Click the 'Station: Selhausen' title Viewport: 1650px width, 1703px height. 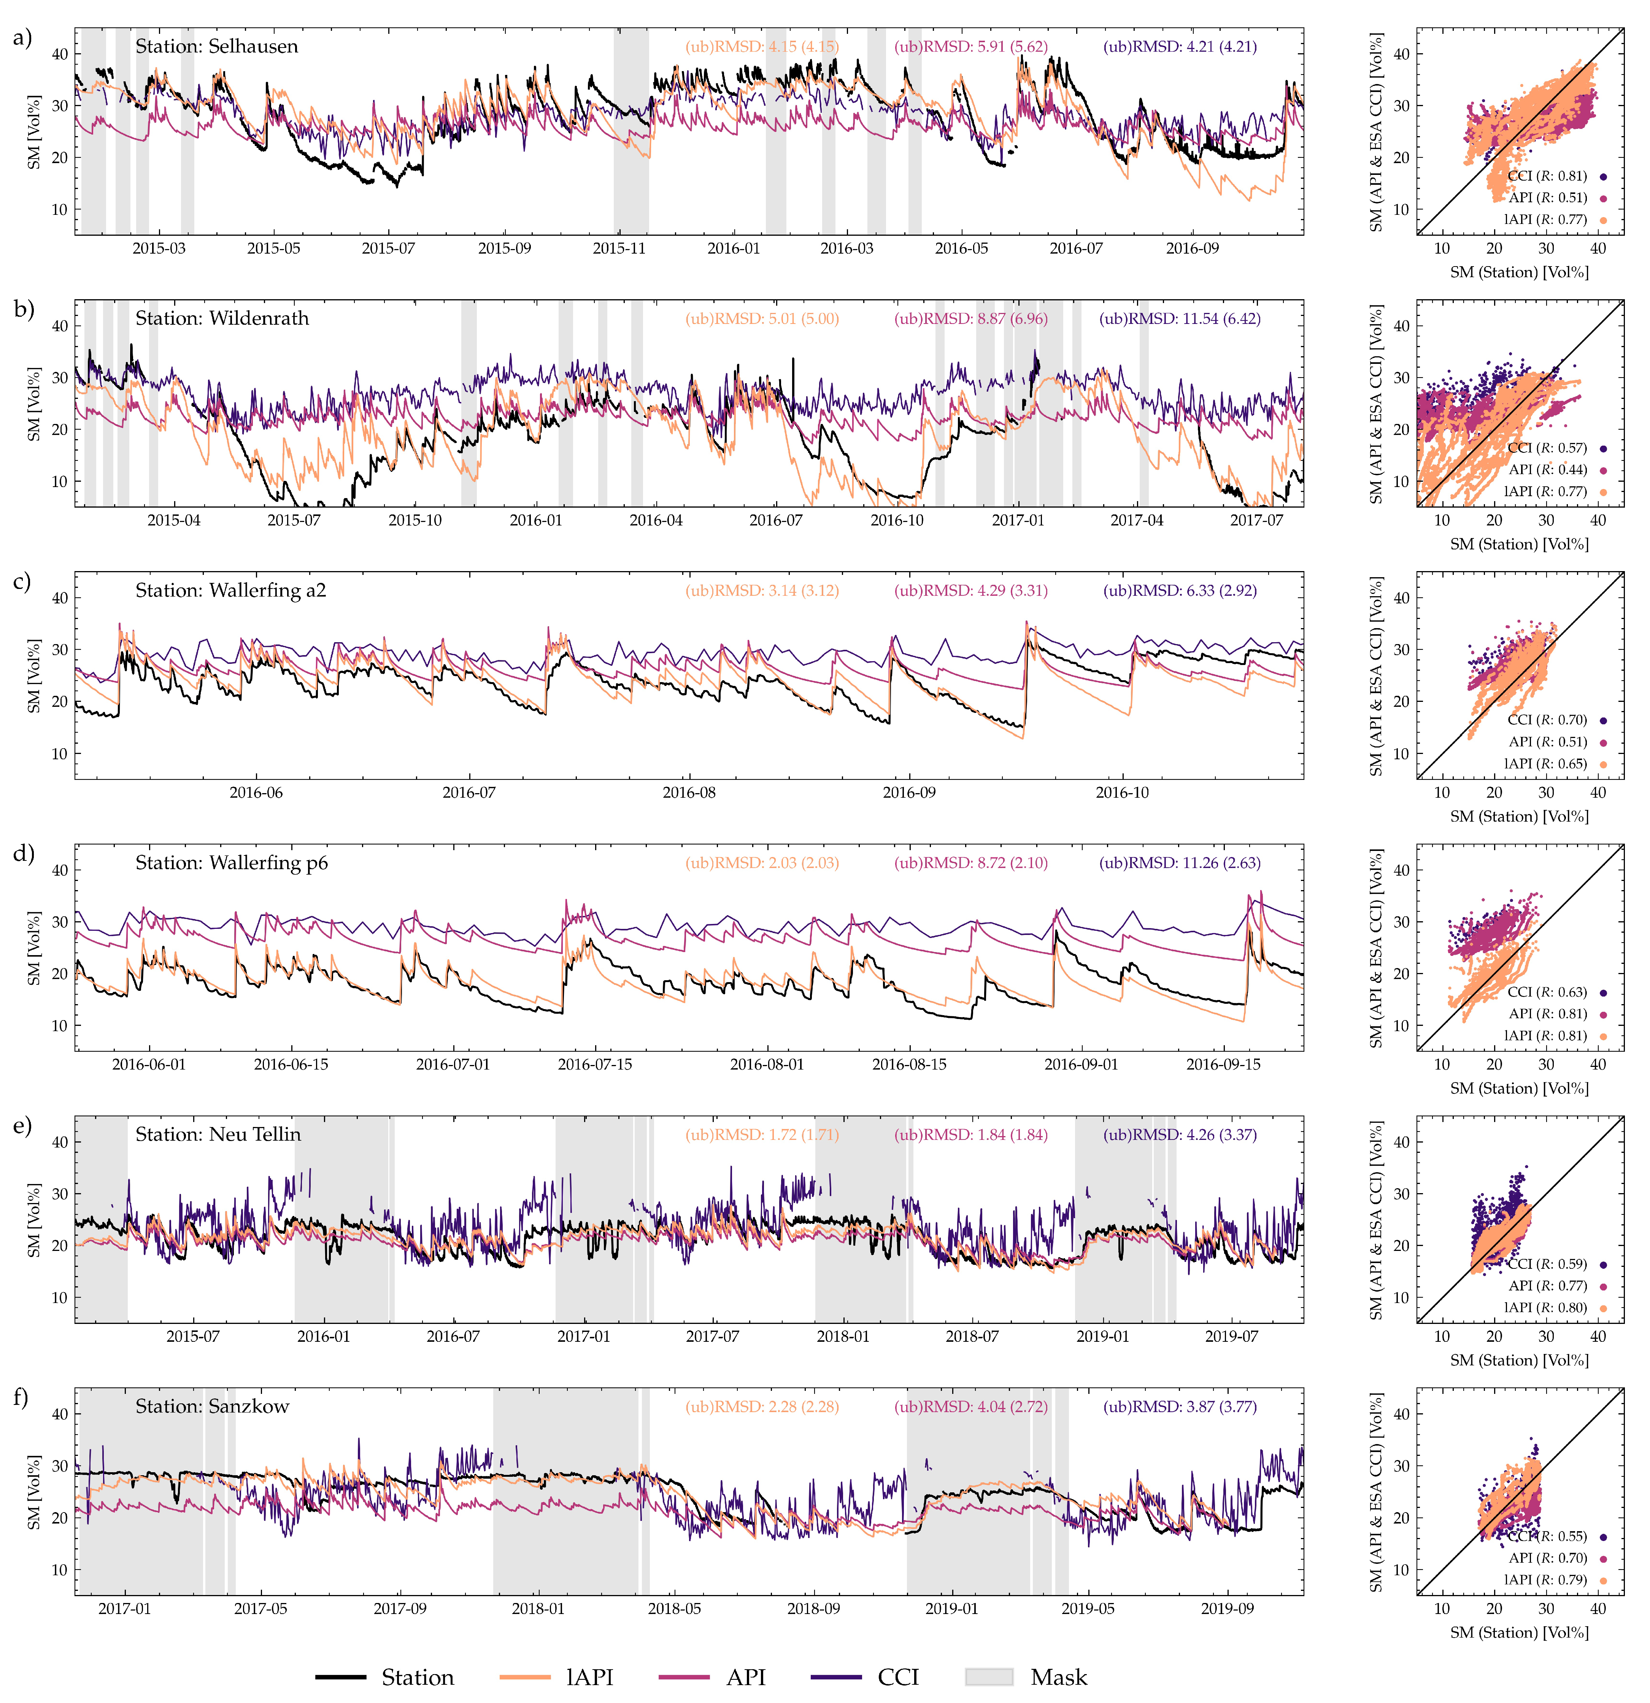pos(216,47)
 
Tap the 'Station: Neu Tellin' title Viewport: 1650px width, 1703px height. pos(218,1135)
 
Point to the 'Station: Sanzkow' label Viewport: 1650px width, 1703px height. pos(212,1407)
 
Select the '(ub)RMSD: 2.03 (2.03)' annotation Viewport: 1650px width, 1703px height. pos(762,863)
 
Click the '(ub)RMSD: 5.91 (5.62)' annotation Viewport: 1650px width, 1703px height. pos(970,47)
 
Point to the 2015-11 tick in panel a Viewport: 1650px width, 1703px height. pos(619,249)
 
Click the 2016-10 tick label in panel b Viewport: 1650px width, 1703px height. pos(897,521)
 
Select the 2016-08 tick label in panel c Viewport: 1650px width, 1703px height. pos(689,792)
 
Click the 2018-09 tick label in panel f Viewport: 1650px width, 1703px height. pos(813,1608)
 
